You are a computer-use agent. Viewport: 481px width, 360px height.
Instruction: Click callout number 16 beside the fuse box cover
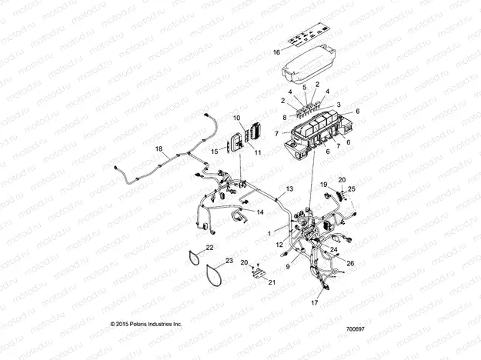pos(277,53)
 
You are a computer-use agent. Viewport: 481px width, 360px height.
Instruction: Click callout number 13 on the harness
pos(289,188)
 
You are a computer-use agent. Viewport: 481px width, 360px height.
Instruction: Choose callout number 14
pos(259,212)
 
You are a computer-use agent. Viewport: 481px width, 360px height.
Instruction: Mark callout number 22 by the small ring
pos(210,248)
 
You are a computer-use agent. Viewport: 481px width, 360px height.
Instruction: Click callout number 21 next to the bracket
pos(271,283)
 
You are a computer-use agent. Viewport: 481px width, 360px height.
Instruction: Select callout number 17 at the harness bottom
pos(314,303)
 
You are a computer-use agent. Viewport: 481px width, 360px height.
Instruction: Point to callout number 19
pos(324,185)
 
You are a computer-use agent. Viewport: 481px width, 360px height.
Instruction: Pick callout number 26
pos(351,264)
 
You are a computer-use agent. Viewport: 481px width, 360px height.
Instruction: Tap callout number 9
pos(289,266)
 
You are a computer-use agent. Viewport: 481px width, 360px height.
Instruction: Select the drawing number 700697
pos(356,329)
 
